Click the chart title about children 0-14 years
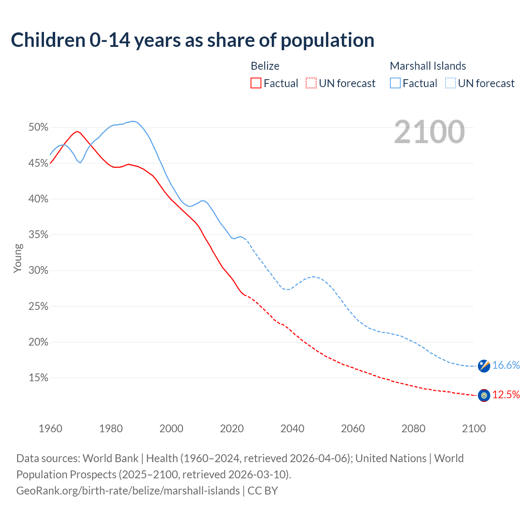point(192,40)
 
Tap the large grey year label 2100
point(429,132)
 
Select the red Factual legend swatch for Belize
point(256,83)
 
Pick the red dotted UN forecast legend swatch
point(311,83)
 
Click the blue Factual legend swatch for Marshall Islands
point(395,83)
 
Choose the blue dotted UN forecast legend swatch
point(450,83)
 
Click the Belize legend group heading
point(265,66)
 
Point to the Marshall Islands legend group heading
point(428,66)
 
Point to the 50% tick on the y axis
point(38,127)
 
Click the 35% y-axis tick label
point(38,235)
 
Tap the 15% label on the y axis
point(38,378)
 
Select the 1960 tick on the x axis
point(50,429)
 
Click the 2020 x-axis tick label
point(232,429)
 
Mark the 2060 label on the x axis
point(353,429)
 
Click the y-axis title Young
point(17,258)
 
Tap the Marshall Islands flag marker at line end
point(484,366)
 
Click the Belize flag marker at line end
point(484,395)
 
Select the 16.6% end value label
point(506,365)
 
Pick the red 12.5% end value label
point(506,395)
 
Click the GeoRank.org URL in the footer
point(128,491)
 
